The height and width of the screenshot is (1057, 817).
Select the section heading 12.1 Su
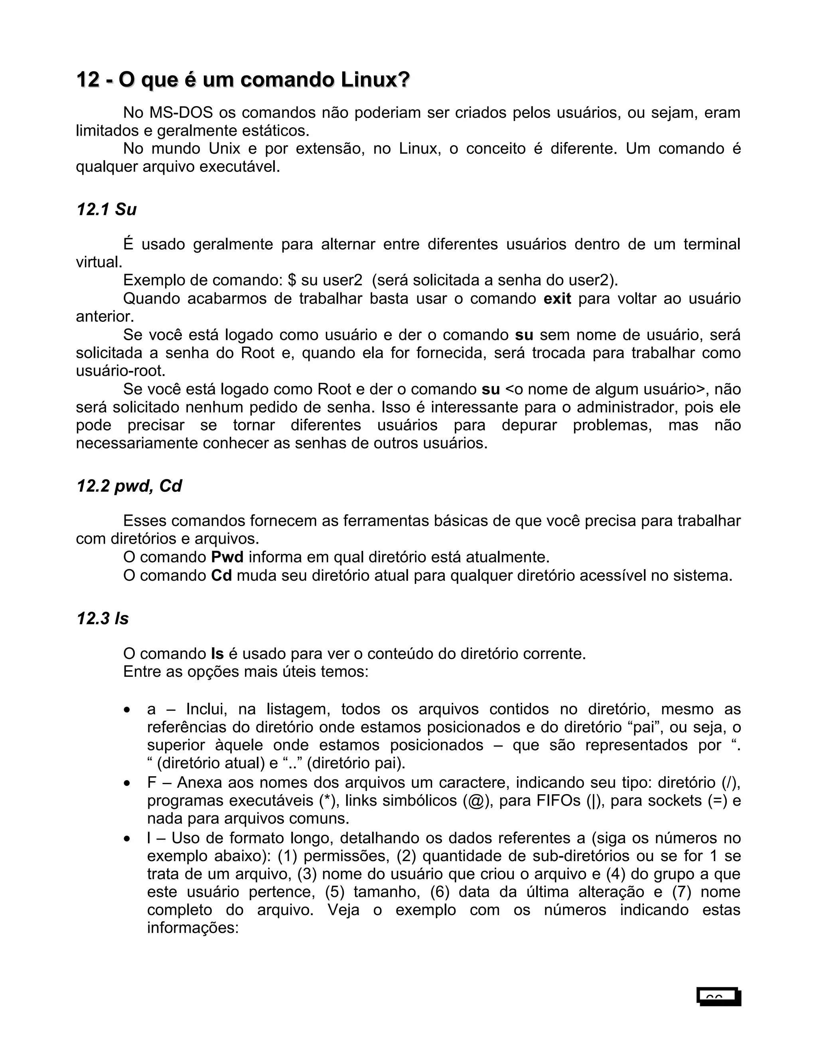(107, 209)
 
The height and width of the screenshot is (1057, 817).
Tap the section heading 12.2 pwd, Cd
(129, 486)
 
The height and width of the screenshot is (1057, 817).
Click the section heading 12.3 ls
(103, 619)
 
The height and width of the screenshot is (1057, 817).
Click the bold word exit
(557, 299)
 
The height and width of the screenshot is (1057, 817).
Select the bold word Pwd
(227, 557)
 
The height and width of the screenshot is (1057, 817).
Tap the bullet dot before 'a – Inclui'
(127, 710)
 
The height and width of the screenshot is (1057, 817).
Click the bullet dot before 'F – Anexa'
(127, 783)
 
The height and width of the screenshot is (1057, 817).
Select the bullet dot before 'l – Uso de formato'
(127, 839)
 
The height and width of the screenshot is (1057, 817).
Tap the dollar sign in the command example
(291, 281)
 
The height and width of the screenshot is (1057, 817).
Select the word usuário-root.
(120, 371)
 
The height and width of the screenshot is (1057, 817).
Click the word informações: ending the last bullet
(193, 928)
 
